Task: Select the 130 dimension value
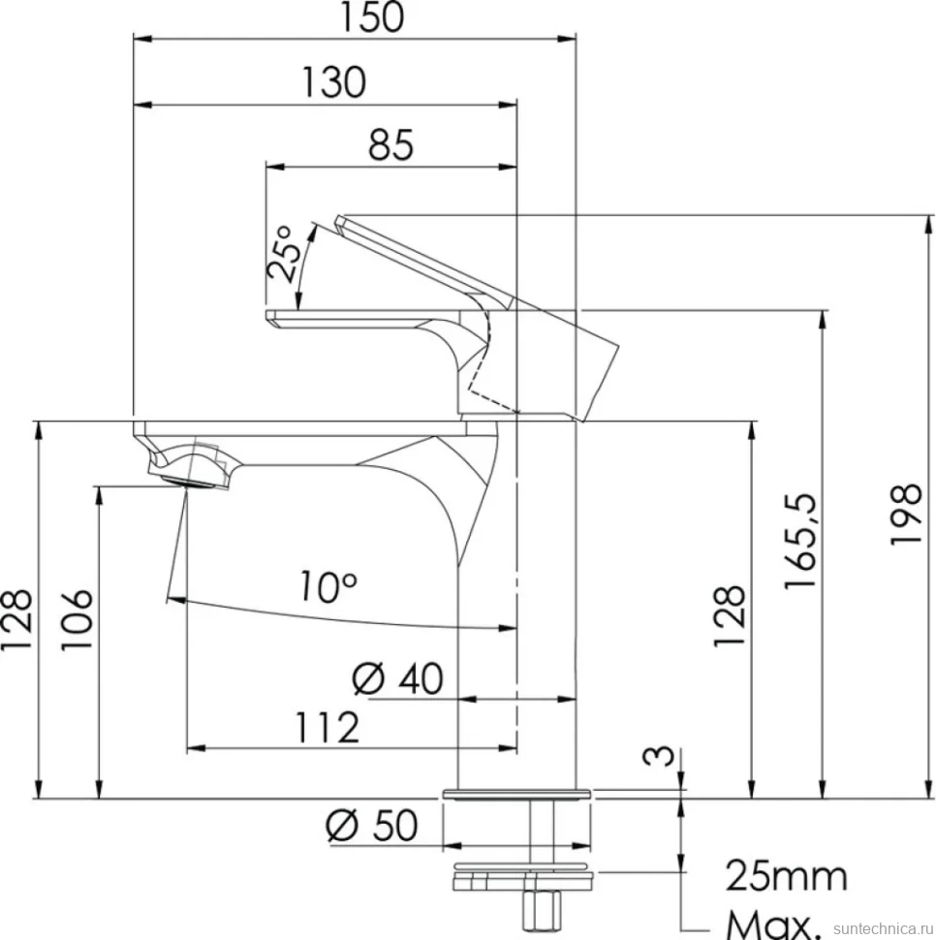[333, 81]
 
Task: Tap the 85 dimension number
[390, 144]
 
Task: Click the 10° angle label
[328, 585]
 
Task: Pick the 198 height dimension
[905, 514]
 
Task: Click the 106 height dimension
[77, 619]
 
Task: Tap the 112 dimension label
[328, 727]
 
